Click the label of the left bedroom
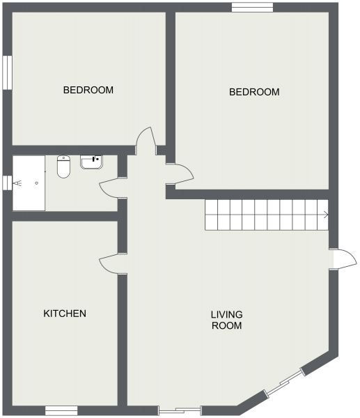pos(88,90)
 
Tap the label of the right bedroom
pos(254,92)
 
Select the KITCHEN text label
pos(65,313)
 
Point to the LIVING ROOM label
pos(226,320)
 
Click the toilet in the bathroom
pos(63,167)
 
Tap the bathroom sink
pos(91,162)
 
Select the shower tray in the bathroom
pos(29,183)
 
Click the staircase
pos(265,215)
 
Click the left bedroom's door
pos(144,141)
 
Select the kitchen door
pos(113,262)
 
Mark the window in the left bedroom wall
pos(7,72)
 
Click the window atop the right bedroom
pos(252,7)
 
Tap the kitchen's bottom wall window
pos(61,411)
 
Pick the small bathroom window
pos(7,183)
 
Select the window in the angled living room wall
pos(285,384)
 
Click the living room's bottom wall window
pos(180,410)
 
